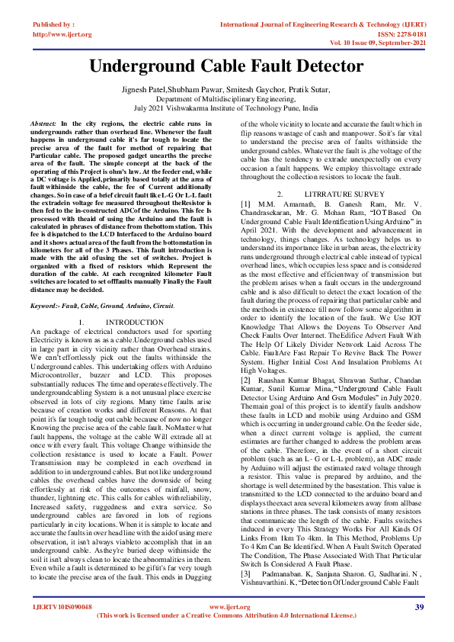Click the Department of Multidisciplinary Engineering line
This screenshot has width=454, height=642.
pyautogui.click(x=226, y=99)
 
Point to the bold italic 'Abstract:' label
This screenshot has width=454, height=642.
pyautogui.click(x=43, y=123)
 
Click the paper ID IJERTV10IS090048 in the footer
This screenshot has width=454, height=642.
pyautogui.click(x=62, y=628)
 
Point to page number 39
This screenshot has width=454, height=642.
pyautogui.click(x=419, y=628)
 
